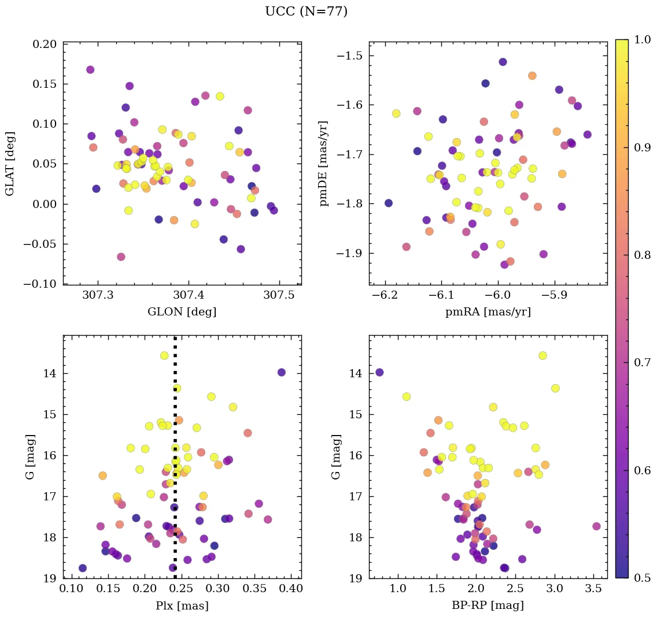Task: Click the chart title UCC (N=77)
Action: (x=306, y=12)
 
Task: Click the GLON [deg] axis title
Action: (x=182, y=313)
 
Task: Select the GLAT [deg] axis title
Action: (x=10, y=163)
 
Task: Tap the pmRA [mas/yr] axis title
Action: (x=488, y=313)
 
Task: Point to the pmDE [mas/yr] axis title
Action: (x=324, y=163)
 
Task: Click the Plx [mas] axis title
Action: (x=182, y=606)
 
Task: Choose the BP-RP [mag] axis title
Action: (x=488, y=606)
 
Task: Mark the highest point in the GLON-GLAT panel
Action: (x=90, y=70)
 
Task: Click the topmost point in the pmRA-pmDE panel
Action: (x=503, y=62)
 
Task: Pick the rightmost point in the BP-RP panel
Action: (x=596, y=526)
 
